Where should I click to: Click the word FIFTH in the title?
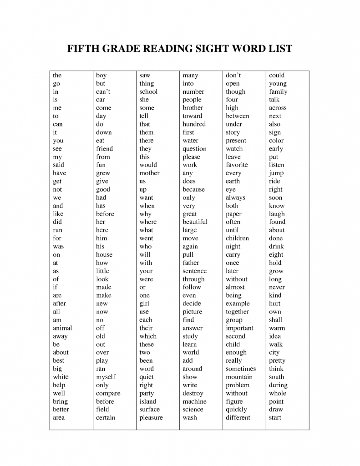[83, 48]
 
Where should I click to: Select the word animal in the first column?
[62, 328]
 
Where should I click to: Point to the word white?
[61, 377]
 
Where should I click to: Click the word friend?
[104, 149]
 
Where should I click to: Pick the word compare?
[108, 393]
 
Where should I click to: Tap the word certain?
[106, 418]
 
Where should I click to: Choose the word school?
[148, 91]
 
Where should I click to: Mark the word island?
[147, 401]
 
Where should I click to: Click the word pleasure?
[151, 418]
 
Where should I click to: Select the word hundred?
[194, 124]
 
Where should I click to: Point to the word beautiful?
[195, 222]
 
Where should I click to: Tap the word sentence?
[194, 271]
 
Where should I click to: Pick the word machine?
[194, 401]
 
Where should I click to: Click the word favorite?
[237, 165]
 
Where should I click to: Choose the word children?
[237, 238]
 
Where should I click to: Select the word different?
[238, 418]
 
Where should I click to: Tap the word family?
[278, 91]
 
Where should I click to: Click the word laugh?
[277, 214]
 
